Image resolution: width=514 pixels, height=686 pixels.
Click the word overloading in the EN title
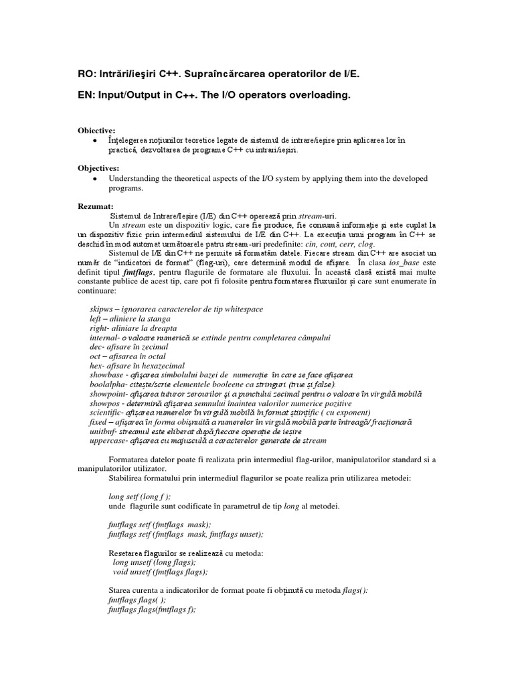319,96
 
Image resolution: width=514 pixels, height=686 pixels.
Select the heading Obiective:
97,129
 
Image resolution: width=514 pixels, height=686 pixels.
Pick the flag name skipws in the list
101,309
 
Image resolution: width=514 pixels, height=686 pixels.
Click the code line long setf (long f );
139,496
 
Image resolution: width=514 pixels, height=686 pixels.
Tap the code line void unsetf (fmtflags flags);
160,572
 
